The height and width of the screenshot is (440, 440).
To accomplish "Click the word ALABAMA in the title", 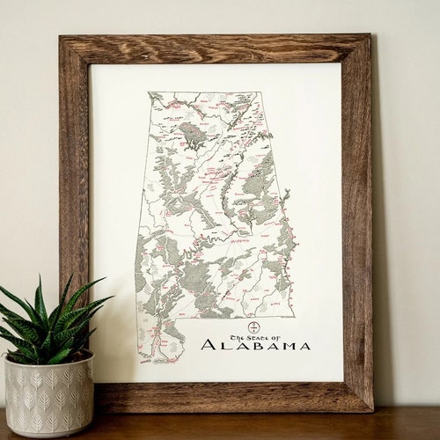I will click(x=255, y=344).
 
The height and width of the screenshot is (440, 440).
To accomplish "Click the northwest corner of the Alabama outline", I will click(x=149, y=93).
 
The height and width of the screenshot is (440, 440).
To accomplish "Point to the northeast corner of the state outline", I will click(x=259, y=92).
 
